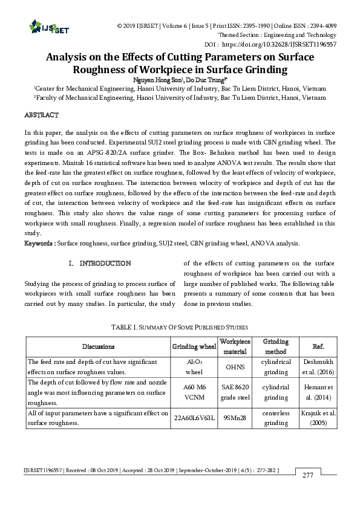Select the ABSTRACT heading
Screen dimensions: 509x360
pyautogui.click(x=41, y=114)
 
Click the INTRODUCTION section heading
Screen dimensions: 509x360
pyautogui.click(x=100, y=263)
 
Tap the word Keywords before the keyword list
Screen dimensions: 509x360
pyautogui.click(x=39, y=244)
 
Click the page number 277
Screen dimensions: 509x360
pyautogui.click(x=308, y=475)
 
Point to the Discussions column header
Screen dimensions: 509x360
pyautogui.click(x=98, y=346)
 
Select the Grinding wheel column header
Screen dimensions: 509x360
pyautogui.click(x=194, y=346)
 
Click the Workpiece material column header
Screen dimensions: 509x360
pyautogui.click(x=235, y=346)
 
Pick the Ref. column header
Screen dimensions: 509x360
pyautogui.click(x=318, y=346)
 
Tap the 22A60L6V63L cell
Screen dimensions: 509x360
pyautogui.click(x=194, y=418)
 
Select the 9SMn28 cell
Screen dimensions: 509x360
pyautogui.click(x=235, y=418)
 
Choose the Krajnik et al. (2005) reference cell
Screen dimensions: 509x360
pyautogui.click(x=318, y=418)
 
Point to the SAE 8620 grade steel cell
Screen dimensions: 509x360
pyautogui.click(x=235, y=391)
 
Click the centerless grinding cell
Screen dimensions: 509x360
pyautogui.click(x=275, y=418)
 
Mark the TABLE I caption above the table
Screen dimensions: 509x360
pyautogui.click(x=180, y=327)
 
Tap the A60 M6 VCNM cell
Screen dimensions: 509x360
pyautogui.click(x=194, y=391)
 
